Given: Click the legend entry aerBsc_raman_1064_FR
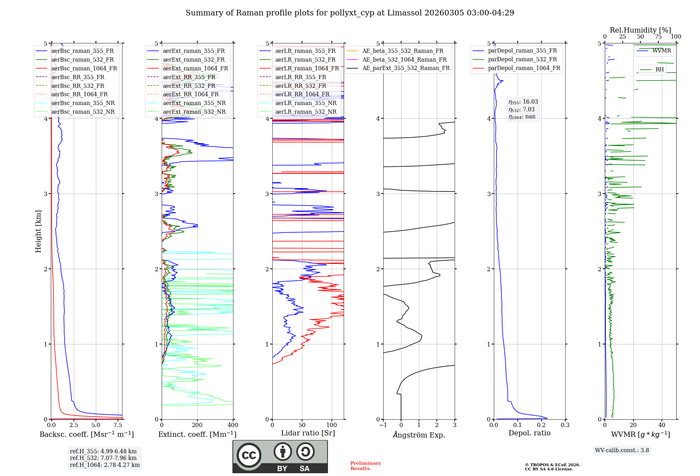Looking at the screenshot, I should pos(84,68).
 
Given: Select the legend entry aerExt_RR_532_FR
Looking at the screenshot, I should pos(189,86).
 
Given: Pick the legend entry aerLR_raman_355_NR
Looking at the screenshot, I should pos(306,103).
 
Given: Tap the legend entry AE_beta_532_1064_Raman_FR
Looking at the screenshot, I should pos(404,59).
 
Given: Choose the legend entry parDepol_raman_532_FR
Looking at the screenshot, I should pos(522,59).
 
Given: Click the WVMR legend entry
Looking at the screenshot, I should pos(661,51).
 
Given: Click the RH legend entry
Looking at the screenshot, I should pos(659,70).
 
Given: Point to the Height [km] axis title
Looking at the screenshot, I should pos(38,231).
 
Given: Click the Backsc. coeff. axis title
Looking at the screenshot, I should pos(86,434).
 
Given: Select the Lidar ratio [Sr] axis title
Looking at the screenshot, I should pos(308,433).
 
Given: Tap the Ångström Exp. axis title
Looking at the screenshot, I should pos(419,435).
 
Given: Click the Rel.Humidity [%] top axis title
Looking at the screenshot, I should pos(640,30).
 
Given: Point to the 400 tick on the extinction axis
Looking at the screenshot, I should pos(233,425).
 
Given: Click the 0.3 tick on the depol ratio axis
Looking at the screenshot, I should pos(565,425).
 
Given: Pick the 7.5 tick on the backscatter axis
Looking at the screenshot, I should pos(118,425).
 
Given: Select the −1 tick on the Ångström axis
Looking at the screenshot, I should pos(383,425).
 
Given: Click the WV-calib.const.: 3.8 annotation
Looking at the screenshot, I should pos(622,450).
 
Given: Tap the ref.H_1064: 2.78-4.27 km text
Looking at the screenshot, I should pos(105,465).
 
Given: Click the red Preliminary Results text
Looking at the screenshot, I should pos(365,466).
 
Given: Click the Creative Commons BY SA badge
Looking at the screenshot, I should pos(280,456).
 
